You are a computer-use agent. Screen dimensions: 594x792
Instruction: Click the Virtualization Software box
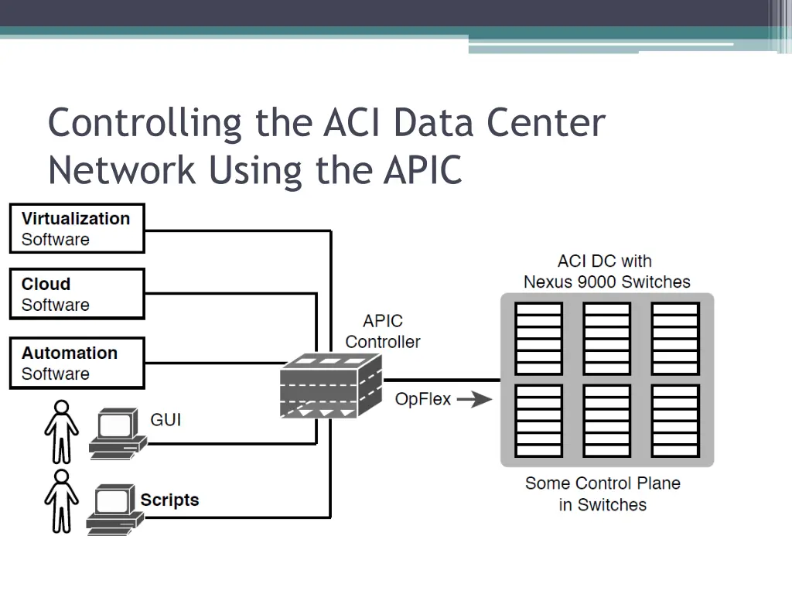(x=77, y=228)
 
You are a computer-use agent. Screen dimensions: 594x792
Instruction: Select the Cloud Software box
(x=77, y=294)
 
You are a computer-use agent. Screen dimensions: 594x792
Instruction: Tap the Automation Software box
(x=77, y=363)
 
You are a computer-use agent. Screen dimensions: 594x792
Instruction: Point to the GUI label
(x=166, y=420)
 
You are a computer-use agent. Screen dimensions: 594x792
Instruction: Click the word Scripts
(x=169, y=500)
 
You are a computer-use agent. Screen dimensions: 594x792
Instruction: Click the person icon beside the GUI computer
(x=61, y=431)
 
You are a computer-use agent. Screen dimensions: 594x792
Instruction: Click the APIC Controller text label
(x=383, y=331)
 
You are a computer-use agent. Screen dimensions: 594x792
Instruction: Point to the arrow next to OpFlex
(x=474, y=400)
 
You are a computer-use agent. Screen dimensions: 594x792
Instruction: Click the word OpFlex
(x=423, y=400)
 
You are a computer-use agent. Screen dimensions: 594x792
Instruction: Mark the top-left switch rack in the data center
(x=538, y=338)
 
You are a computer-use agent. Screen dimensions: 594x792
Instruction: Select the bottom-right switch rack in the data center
(x=675, y=421)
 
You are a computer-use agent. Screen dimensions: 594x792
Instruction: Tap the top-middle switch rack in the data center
(x=606, y=338)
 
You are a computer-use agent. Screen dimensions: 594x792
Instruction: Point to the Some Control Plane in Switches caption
(x=603, y=493)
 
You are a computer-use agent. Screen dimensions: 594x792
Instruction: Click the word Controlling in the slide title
(x=145, y=124)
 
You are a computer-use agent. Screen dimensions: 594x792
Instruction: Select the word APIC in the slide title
(x=422, y=170)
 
